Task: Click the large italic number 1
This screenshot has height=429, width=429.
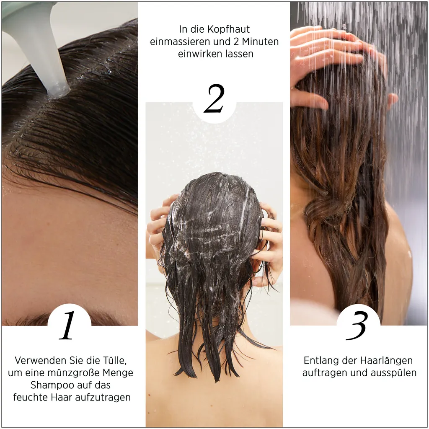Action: click(x=68, y=326)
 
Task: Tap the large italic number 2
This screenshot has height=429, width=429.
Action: click(x=214, y=99)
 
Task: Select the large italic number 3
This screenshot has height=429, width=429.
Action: click(x=357, y=326)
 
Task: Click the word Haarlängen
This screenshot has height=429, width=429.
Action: click(x=386, y=360)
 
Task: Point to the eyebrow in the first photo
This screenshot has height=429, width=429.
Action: click(x=42, y=320)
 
